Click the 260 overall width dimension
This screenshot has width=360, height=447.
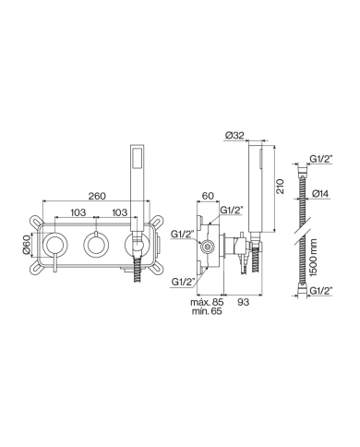[x=97, y=196]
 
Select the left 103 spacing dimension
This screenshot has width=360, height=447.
[x=78, y=212]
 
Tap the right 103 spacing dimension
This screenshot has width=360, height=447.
[x=119, y=212]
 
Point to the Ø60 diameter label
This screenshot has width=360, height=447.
[x=27, y=245]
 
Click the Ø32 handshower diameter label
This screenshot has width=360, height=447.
[x=234, y=135]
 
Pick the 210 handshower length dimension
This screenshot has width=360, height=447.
[x=280, y=187]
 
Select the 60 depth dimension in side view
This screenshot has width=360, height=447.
[x=208, y=196]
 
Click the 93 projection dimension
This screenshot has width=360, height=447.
[x=244, y=302]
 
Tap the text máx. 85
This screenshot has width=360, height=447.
[x=207, y=302]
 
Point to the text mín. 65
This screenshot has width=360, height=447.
[x=207, y=311]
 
